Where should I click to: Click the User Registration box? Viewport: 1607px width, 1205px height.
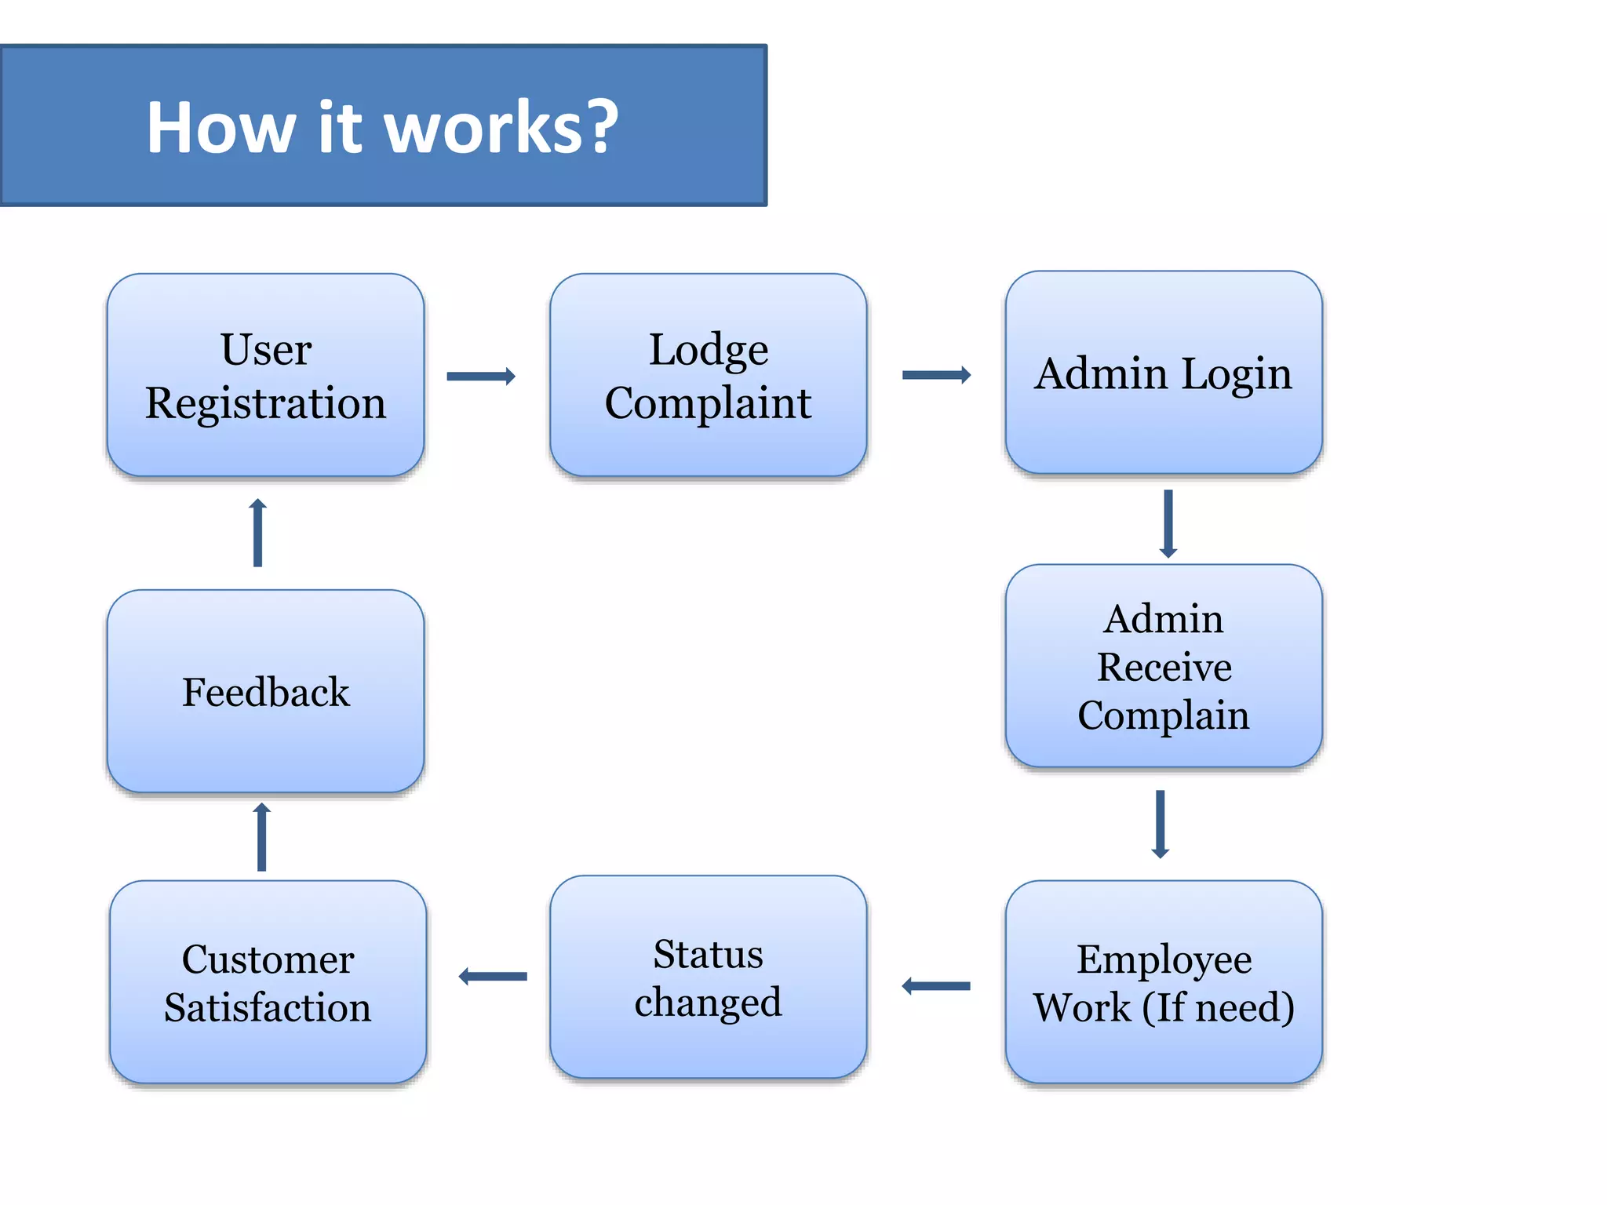pyautogui.click(x=265, y=375)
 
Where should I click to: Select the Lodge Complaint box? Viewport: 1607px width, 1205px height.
pyautogui.click(x=708, y=375)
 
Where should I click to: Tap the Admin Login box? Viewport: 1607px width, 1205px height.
pyautogui.click(x=1164, y=373)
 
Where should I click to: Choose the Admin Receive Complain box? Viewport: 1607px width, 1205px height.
pyautogui.click(x=1164, y=666)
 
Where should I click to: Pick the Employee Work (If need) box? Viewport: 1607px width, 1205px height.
pyautogui.click(x=1164, y=982)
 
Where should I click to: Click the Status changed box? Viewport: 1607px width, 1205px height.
pyautogui.click(x=708, y=977)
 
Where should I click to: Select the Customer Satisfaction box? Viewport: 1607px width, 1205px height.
pyautogui.click(x=268, y=982)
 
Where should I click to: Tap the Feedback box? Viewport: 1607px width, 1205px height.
pyautogui.click(x=265, y=691)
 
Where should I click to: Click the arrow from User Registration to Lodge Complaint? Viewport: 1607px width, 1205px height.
pyautogui.click(x=481, y=377)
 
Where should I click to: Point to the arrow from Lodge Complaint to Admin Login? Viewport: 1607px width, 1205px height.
pyautogui.click(x=936, y=375)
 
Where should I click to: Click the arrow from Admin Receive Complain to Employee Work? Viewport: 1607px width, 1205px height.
pyautogui.click(x=1161, y=825)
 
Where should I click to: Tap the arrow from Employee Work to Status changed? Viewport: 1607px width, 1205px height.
pyautogui.click(x=936, y=986)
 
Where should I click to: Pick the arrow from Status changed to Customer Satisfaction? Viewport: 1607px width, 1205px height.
pyautogui.click(x=493, y=977)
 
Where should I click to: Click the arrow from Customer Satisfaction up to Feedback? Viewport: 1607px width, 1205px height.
pyautogui.click(x=262, y=837)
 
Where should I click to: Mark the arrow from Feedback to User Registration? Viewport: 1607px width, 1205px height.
pyautogui.click(x=258, y=533)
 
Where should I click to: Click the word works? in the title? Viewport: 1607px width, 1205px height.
pyautogui.click(x=501, y=127)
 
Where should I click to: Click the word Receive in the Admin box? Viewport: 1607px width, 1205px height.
pyautogui.click(x=1164, y=667)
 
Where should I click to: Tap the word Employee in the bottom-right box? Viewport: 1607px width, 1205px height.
pyautogui.click(x=1164, y=959)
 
